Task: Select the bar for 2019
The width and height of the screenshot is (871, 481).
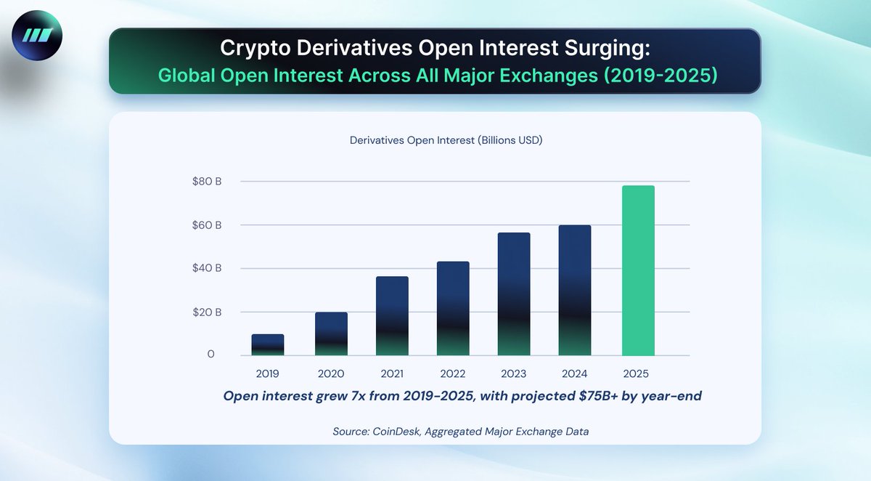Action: click(x=268, y=345)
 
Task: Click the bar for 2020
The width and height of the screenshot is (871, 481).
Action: click(x=331, y=334)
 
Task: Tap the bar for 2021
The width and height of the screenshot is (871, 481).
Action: click(x=392, y=316)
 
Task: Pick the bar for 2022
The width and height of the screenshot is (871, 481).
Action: click(x=453, y=309)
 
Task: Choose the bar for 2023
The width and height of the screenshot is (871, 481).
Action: click(x=514, y=294)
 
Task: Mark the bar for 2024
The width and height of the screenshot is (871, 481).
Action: click(x=575, y=291)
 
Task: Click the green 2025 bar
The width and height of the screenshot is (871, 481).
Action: click(x=638, y=271)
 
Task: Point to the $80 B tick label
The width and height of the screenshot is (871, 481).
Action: click(x=207, y=181)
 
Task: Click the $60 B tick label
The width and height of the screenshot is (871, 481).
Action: click(x=207, y=225)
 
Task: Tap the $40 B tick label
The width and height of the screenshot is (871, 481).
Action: click(x=207, y=268)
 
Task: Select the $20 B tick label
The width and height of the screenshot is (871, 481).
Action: click(x=207, y=312)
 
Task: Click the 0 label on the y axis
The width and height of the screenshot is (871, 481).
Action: click(x=211, y=355)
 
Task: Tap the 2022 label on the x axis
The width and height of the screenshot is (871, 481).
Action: click(x=453, y=375)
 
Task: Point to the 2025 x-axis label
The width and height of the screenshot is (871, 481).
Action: click(x=636, y=375)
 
